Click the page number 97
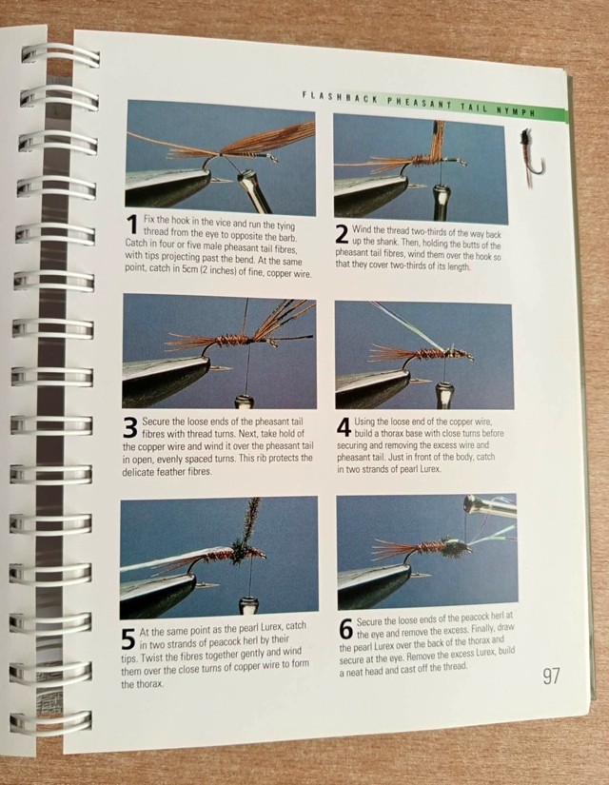pyautogui.click(x=551, y=676)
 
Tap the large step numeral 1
pyautogui.click(x=131, y=225)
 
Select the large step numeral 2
pyautogui.click(x=342, y=234)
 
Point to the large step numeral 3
pyautogui.click(x=129, y=428)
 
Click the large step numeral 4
pyautogui.click(x=344, y=428)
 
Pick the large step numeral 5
pyautogui.click(x=128, y=639)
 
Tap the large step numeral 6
pyautogui.click(x=346, y=629)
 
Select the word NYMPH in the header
pyautogui.click(x=516, y=111)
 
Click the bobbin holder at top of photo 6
pyautogui.click(x=489, y=505)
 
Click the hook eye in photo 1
pyautogui.click(x=273, y=159)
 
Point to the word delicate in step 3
pyautogui.click(x=140, y=471)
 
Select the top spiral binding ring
pyautogui.click(x=60, y=55)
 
